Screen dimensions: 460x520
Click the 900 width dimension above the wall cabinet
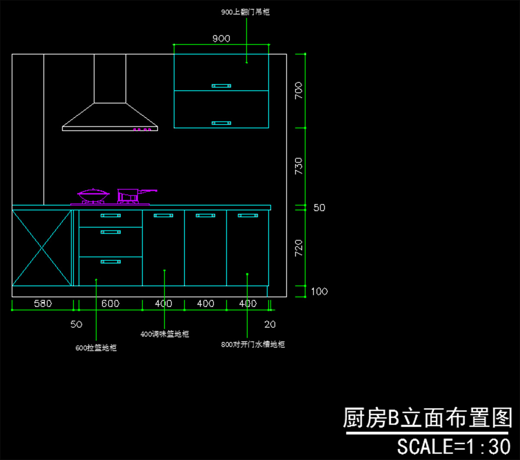(x=221, y=39)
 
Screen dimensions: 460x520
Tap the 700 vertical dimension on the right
(x=299, y=91)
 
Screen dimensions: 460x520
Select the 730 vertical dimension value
(x=299, y=166)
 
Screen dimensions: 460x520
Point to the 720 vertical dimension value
(x=299, y=248)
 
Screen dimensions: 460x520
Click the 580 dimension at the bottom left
(x=43, y=304)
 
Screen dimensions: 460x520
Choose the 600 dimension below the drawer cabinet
(x=110, y=304)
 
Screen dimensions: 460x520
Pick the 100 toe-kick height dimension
(x=319, y=292)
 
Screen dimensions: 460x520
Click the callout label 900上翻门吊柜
(x=245, y=13)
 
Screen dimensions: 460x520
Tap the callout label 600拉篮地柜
(x=96, y=347)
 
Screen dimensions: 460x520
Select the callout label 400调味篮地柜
(x=165, y=334)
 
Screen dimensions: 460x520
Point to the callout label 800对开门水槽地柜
(x=253, y=345)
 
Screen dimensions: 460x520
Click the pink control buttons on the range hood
(x=144, y=129)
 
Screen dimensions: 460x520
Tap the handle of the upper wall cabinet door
(x=221, y=86)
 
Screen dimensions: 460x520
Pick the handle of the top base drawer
(x=110, y=215)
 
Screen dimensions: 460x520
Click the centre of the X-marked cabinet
(x=42, y=248)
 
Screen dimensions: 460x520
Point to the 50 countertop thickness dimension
(x=319, y=208)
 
